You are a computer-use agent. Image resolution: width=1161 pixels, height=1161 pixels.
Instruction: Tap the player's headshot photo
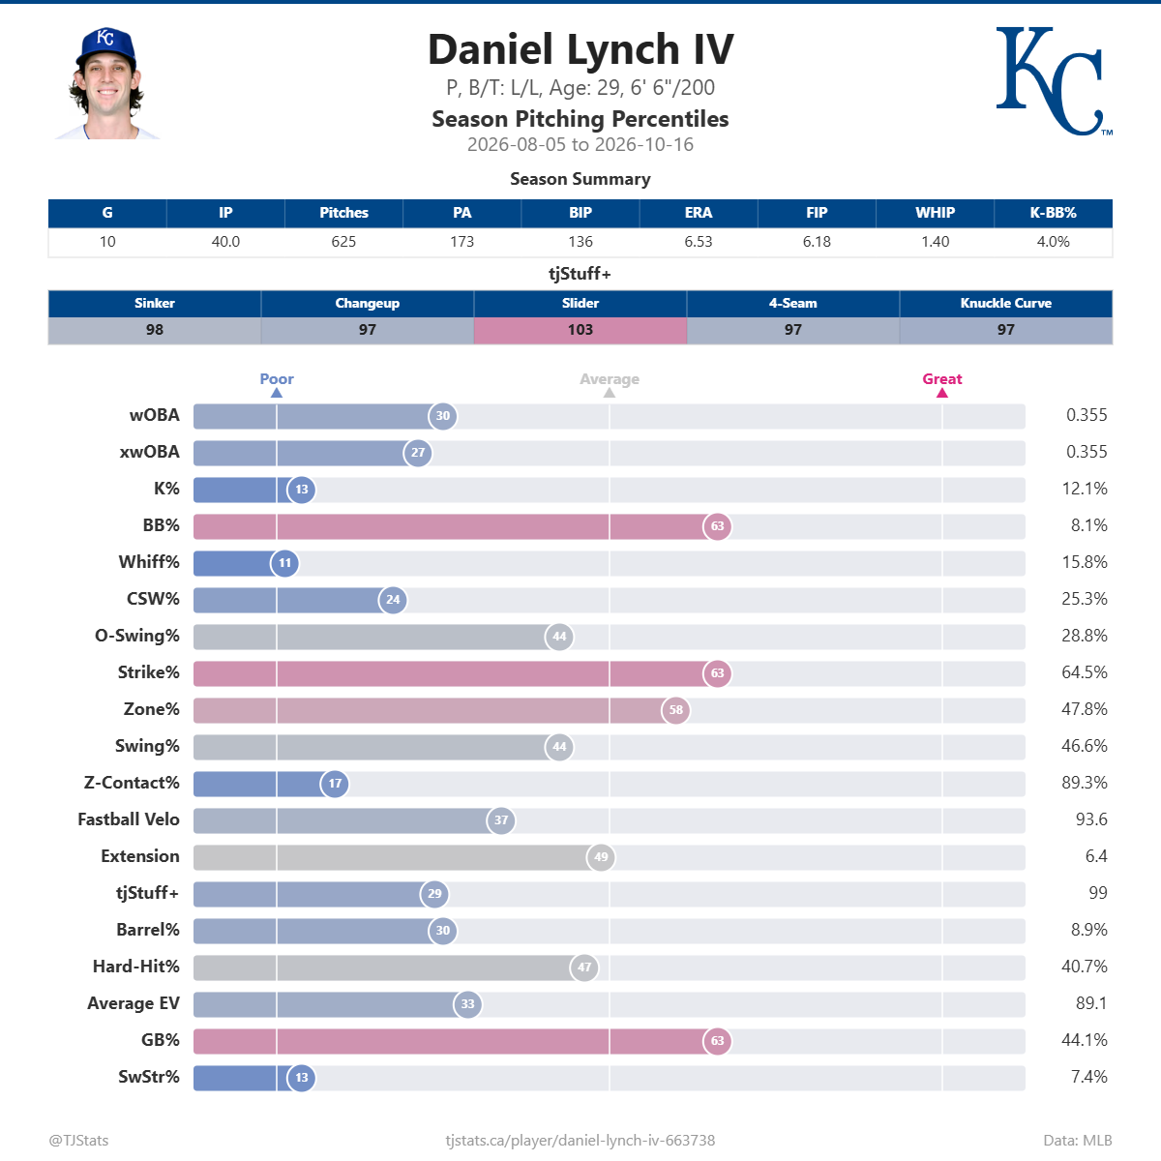(x=107, y=83)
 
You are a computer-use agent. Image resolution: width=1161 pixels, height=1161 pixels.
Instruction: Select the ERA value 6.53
(x=699, y=242)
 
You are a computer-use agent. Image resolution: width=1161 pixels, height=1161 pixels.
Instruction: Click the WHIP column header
(x=935, y=213)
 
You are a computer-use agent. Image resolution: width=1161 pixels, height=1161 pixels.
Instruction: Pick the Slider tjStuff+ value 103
(x=580, y=330)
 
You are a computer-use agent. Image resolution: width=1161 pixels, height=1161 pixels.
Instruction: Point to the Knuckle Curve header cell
(x=1005, y=303)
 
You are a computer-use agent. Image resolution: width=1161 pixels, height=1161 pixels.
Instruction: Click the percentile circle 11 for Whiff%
(x=285, y=563)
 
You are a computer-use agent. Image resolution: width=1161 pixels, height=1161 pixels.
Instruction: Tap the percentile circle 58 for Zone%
(x=676, y=710)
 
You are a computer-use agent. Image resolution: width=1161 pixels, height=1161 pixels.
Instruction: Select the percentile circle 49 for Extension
(x=601, y=857)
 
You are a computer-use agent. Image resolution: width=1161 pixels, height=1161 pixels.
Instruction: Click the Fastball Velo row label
(x=129, y=819)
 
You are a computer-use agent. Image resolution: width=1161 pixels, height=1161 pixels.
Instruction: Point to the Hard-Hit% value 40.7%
(x=1084, y=967)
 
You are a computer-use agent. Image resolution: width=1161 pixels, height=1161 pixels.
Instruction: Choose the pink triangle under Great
(x=942, y=393)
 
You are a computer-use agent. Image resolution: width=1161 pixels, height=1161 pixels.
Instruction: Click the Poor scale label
(x=277, y=379)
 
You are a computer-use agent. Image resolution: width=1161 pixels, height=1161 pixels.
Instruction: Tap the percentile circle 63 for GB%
(x=718, y=1041)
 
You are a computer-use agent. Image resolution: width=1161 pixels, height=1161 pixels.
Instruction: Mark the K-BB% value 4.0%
(x=1054, y=242)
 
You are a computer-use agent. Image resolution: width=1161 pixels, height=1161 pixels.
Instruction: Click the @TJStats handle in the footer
(x=79, y=1141)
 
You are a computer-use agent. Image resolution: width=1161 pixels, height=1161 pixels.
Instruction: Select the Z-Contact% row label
(x=132, y=783)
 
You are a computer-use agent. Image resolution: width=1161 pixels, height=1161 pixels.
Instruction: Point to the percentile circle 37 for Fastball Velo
(x=501, y=820)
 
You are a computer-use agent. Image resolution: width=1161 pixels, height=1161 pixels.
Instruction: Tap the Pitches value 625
(x=343, y=242)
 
